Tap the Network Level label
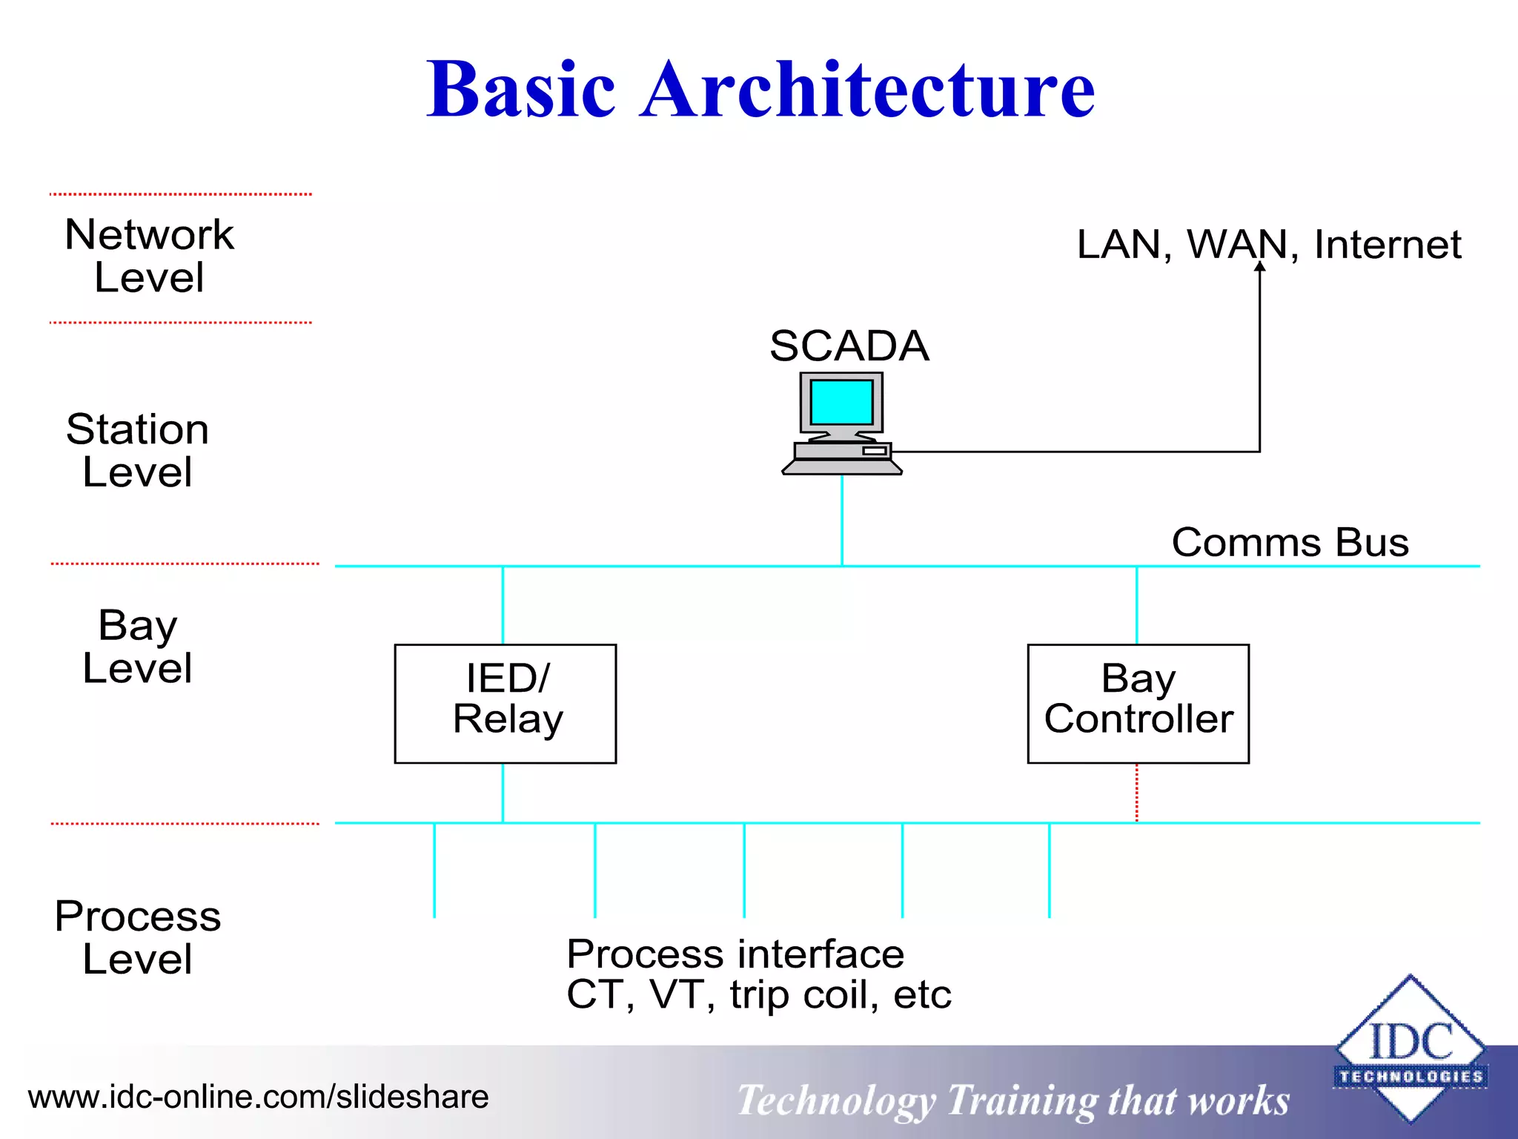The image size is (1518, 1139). click(149, 256)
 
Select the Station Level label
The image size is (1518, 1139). click(138, 450)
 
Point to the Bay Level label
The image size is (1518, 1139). click(138, 646)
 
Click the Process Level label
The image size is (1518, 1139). click(138, 937)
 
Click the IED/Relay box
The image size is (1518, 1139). click(506, 703)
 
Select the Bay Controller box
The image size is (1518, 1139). click(1138, 703)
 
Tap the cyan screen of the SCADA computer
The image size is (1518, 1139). click(841, 401)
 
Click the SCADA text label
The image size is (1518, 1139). click(849, 346)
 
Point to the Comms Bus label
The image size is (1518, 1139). click(1290, 542)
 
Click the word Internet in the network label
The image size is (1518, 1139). click(1388, 245)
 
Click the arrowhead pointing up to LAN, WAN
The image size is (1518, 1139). click(1259, 267)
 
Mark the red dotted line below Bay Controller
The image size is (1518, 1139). click(1137, 793)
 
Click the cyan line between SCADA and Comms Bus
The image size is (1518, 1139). click(842, 519)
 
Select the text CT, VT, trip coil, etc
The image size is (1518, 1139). click(758, 994)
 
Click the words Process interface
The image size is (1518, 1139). click(735, 954)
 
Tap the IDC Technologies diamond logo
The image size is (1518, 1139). click(1410, 1049)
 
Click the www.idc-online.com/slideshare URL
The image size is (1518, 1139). click(258, 1097)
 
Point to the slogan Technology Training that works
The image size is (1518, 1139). click(1013, 1100)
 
